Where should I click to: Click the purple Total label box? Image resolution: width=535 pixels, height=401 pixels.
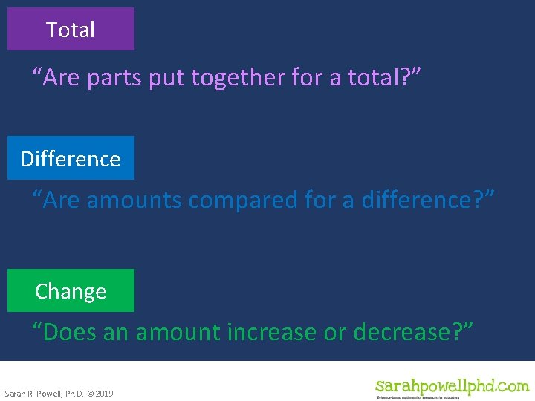[71, 30]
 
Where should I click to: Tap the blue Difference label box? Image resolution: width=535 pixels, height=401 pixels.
[71, 158]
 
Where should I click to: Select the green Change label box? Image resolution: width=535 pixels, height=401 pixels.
[71, 291]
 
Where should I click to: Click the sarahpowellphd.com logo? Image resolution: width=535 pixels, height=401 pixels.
[452, 385]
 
